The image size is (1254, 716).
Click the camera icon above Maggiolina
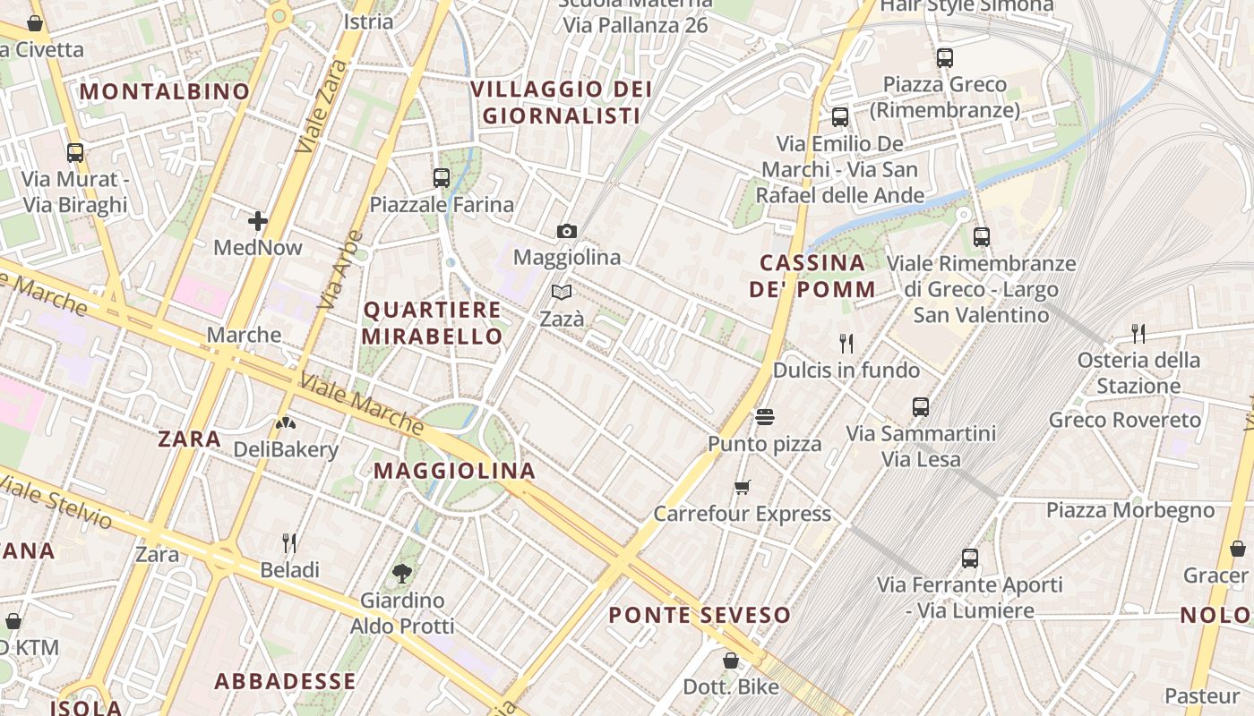[x=566, y=232]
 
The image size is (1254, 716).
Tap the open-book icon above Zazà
[x=562, y=293]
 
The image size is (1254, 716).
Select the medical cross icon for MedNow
[x=258, y=220]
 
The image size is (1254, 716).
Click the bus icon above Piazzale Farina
[x=441, y=178]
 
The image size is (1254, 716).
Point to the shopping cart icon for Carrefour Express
[x=742, y=488]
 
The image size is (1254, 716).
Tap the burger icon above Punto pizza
[x=764, y=417]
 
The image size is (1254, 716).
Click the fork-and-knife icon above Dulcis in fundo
[x=846, y=343]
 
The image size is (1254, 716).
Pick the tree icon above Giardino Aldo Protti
[x=402, y=573]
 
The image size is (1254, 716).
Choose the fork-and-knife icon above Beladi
[x=289, y=543]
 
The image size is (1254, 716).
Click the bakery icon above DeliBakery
[x=285, y=423]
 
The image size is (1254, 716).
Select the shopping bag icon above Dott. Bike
[x=731, y=661]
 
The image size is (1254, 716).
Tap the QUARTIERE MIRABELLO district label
[x=433, y=323]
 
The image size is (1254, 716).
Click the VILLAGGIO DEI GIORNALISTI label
[x=561, y=102]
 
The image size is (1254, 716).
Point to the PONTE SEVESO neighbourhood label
[x=700, y=615]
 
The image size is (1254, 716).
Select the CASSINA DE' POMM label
[x=812, y=276]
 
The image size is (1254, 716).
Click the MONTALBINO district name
[x=165, y=91]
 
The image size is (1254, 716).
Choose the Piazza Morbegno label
[x=1130, y=511]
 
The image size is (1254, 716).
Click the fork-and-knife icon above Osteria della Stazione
[x=1138, y=334]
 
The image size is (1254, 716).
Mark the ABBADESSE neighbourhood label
[x=285, y=681]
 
